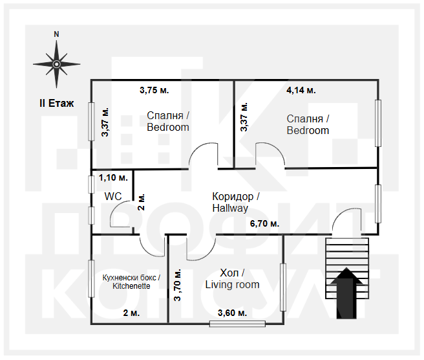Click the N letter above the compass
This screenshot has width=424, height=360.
coord(56,34)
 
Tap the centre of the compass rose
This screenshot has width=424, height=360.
coord(56,64)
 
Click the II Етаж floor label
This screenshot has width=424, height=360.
coord(56,103)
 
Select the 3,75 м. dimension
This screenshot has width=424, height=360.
coord(154,90)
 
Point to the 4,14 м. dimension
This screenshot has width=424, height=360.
coord(301,90)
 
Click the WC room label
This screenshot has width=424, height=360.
coord(113,196)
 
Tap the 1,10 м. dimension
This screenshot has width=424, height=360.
coord(113,177)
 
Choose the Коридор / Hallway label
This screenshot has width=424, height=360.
coord(236,202)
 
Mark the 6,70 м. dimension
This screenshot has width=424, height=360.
coord(264,224)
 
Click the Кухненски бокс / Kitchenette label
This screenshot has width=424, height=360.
coord(131,282)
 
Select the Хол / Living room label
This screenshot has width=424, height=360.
coord(232,278)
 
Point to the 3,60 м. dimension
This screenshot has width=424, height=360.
coord(232,313)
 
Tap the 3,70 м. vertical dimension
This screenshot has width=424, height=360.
coord(177,285)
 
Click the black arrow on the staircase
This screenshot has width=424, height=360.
coord(346,293)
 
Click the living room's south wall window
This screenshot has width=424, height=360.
coord(237,324)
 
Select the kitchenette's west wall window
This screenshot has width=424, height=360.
coord(92,278)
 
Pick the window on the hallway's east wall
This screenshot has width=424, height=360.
coord(378,204)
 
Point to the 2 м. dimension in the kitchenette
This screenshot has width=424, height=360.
coord(131,313)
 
